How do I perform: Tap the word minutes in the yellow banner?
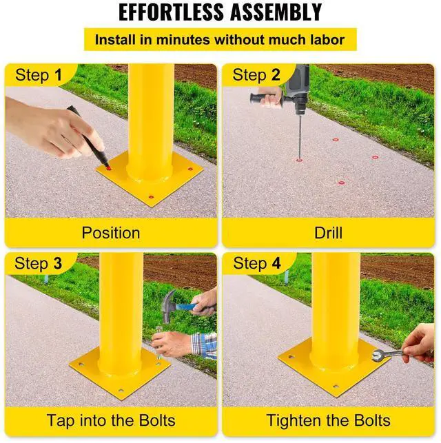(x=183, y=39)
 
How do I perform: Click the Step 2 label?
(x=256, y=75)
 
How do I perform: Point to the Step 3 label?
(x=38, y=263)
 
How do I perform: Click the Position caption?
(x=111, y=232)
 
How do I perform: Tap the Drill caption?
(x=329, y=232)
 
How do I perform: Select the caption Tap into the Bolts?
(x=111, y=420)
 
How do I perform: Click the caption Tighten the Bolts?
(x=329, y=420)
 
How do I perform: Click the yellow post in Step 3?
(x=121, y=303)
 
